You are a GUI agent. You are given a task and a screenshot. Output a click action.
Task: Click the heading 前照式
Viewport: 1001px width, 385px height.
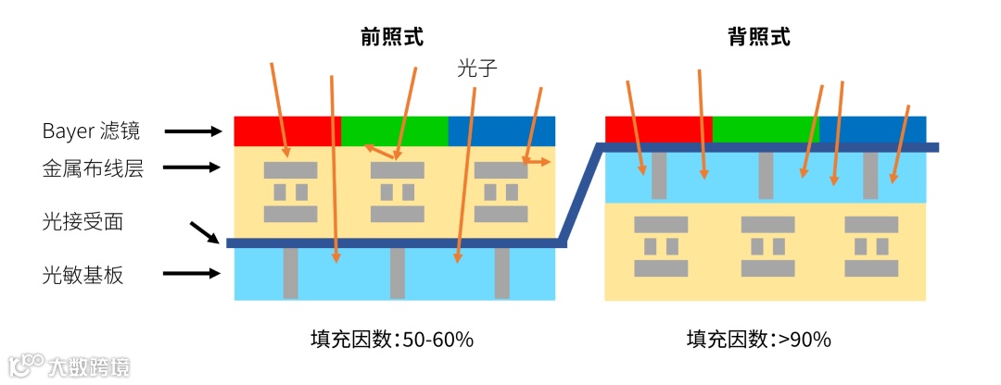392,37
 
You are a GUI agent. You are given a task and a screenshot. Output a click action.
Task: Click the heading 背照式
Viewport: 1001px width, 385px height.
759,37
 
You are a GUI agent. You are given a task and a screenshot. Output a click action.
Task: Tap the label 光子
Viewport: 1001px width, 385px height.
477,68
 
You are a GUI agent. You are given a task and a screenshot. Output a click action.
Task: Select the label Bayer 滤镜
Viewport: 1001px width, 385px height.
91,130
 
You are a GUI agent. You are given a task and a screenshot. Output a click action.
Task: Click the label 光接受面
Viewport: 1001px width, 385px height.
82,221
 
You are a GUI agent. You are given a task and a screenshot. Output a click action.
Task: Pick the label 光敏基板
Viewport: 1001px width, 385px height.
82,274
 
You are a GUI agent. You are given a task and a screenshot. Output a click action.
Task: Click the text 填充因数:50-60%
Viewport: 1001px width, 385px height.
392,339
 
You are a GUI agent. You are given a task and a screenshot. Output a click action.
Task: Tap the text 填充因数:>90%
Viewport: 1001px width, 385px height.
759,339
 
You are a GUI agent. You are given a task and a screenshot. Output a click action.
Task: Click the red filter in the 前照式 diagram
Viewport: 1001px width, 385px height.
287,130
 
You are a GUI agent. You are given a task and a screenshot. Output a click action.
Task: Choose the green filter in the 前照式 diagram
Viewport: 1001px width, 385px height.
395,130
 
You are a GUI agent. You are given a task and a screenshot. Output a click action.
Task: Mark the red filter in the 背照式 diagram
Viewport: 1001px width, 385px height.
658,129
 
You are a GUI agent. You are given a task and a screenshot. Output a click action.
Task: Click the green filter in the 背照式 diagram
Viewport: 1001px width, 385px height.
766,129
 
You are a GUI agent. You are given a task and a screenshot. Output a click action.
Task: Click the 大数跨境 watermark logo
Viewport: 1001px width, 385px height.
69,365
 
